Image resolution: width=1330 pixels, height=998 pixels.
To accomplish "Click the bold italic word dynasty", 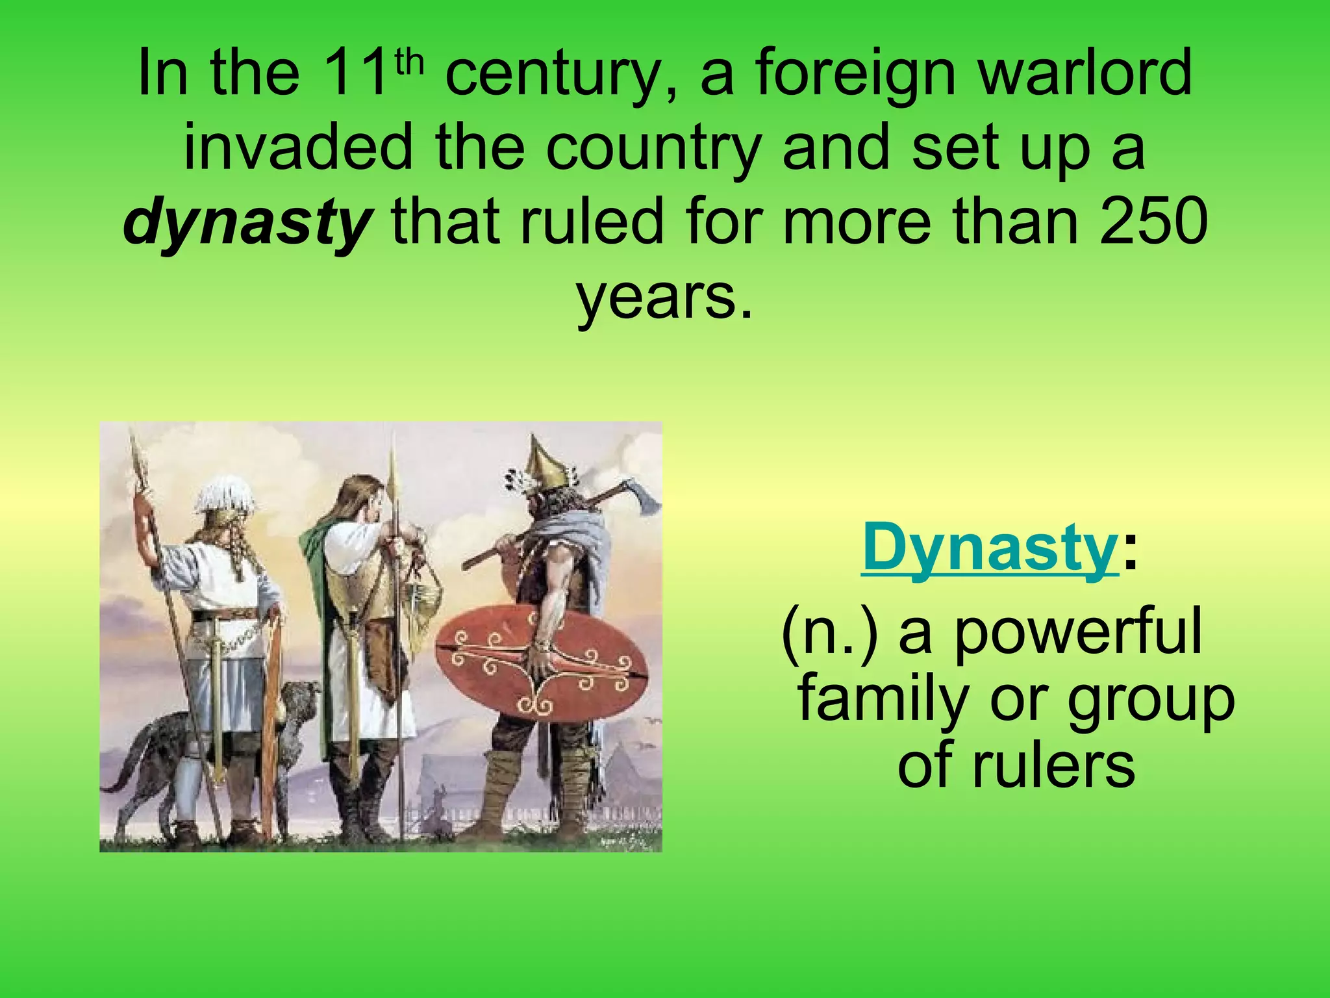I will (x=247, y=222).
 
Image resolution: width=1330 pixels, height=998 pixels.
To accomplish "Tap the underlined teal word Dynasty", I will (x=989, y=548).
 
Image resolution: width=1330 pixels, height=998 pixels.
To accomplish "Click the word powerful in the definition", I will (x=1078, y=633).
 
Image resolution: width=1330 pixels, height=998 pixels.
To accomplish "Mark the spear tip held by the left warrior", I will (x=136, y=458).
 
